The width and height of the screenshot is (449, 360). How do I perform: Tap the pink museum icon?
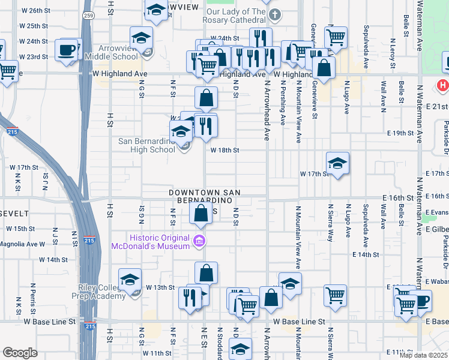(x=199, y=242)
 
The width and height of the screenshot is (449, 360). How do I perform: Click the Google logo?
(x=20, y=353)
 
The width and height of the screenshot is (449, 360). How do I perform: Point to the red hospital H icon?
(x=443, y=86)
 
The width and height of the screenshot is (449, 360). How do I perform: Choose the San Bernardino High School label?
(x=146, y=145)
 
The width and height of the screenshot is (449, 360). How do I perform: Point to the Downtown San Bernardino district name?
(x=204, y=197)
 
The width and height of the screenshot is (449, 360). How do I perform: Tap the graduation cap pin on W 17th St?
(x=338, y=163)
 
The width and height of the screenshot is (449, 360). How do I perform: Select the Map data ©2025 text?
(x=424, y=355)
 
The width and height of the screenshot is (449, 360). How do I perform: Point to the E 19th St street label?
(x=401, y=133)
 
